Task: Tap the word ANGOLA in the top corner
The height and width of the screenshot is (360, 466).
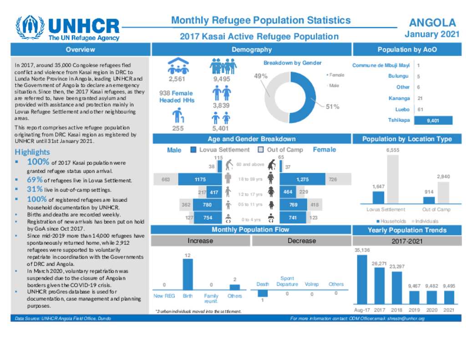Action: tap(432, 23)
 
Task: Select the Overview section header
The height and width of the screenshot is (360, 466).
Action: tap(80, 50)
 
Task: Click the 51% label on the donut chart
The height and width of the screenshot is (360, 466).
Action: tap(332, 106)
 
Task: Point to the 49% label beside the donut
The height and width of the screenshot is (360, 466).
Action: tap(260, 76)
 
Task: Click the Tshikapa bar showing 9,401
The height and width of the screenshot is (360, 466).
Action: tap(433, 121)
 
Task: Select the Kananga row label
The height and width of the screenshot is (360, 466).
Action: tap(399, 98)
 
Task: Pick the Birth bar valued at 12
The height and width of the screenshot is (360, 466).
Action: tap(187, 274)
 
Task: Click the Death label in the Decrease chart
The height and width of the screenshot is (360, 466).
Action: tap(263, 284)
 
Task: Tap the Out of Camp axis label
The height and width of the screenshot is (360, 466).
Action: tap(436, 210)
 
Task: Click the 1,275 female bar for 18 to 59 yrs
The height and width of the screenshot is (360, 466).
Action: tap(302, 180)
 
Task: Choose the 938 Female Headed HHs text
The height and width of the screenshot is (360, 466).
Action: tap(176, 96)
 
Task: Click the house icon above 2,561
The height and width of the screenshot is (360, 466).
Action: tap(178, 66)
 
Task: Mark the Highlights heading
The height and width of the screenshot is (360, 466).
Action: tap(32, 152)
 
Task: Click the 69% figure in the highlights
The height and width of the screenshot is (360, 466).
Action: tap(35, 180)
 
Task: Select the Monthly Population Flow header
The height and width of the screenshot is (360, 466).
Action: tap(250, 230)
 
